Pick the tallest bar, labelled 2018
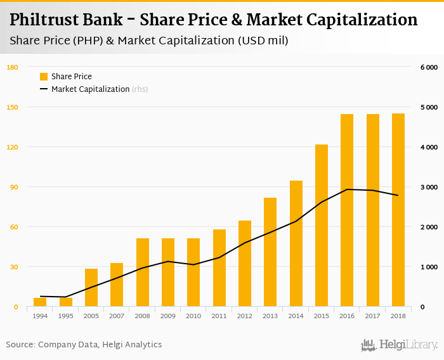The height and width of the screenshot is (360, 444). coord(398,210)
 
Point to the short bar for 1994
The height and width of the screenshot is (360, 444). coord(40,302)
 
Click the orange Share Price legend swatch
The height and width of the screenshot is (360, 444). coord(44,77)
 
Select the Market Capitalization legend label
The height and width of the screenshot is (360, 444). coord(91,89)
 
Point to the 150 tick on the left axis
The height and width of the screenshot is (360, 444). coord(12,107)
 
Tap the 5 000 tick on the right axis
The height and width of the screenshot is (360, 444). coord(429,107)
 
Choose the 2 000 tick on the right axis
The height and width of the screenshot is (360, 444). coord(429,227)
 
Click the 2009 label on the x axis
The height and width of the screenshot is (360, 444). coord(168,316)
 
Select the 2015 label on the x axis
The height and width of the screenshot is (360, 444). coord(322,316)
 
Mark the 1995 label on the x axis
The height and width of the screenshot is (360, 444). coord(66,316)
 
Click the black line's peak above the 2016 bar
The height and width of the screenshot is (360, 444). coord(347,190)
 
